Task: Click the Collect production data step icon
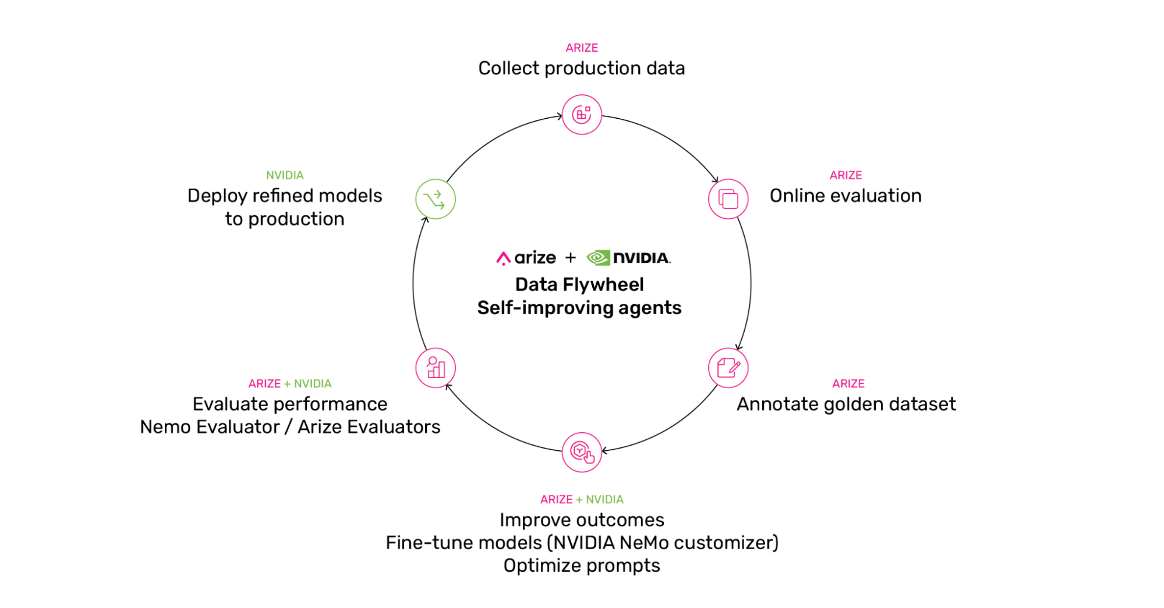tap(582, 115)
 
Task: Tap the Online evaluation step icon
tap(728, 199)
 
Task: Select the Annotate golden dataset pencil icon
tap(728, 368)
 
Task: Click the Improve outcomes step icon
tap(582, 452)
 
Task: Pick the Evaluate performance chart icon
tap(436, 368)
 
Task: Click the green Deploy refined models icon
tap(436, 199)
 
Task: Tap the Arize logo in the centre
tap(526, 258)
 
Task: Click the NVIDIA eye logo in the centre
tap(598, 258)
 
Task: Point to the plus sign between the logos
tap(571, 258)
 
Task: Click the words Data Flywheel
tap(579, 285)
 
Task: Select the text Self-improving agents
tap(579, 308)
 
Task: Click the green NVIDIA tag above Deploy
tap(285, 175)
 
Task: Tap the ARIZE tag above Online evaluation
tap(845, 175)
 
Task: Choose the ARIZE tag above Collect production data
tap(582, 48)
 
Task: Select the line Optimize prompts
tap(582, 566)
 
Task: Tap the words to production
tap(285, 219)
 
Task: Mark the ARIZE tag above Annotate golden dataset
tap(848, 383)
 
